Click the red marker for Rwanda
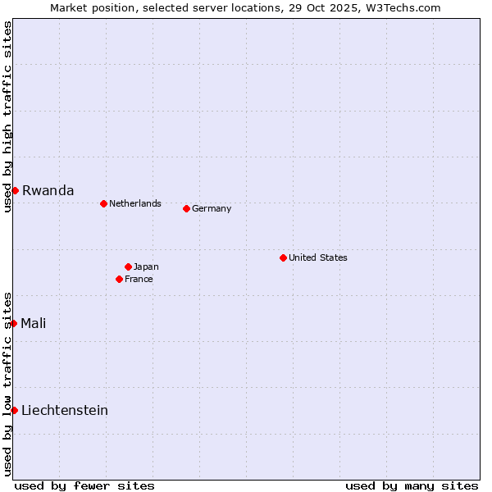(15, 190)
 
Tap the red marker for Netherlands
(103, 203)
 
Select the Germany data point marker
(186, 208)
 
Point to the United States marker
(283, 257)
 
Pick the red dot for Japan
(128, 266)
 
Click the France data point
(119, 279)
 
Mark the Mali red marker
(14, 323)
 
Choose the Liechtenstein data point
(15, 410)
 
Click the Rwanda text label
(48, 190)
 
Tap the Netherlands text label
(135, 203)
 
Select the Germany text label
(212, 208)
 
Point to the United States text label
(318, 257)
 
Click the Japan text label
(146, 266)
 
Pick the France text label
(139, 279)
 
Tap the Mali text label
(33, 323)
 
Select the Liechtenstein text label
(65, 410)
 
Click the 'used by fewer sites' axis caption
(84, 485)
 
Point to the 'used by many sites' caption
(412, 485)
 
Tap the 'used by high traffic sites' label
(7, 116)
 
